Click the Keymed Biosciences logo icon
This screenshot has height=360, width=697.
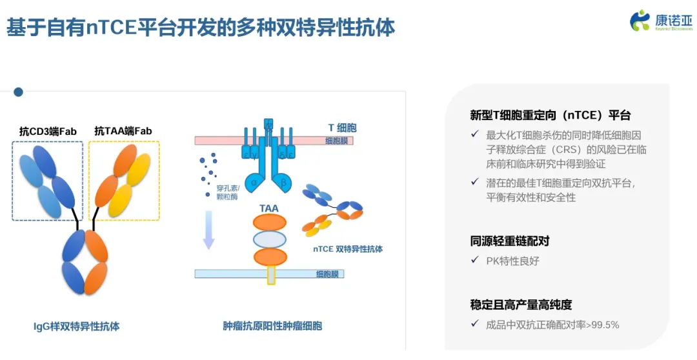(640, 20)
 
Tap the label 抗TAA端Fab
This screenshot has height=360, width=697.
(123, 131)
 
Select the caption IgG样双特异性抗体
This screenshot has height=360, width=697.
(76, 326)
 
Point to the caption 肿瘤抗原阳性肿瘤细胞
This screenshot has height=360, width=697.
(272, 326)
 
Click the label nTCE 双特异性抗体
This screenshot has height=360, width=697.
(348, 249)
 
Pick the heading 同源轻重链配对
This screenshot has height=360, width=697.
(510, 241)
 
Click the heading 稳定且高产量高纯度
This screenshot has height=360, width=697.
(521, 305)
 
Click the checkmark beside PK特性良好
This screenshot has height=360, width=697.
(475, 261)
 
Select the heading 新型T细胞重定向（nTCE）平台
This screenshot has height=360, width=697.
(550, 115)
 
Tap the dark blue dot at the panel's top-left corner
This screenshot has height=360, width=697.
(18, 92)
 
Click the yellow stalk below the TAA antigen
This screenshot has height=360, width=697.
(271, 275)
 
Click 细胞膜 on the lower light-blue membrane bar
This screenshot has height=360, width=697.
(328, 274)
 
